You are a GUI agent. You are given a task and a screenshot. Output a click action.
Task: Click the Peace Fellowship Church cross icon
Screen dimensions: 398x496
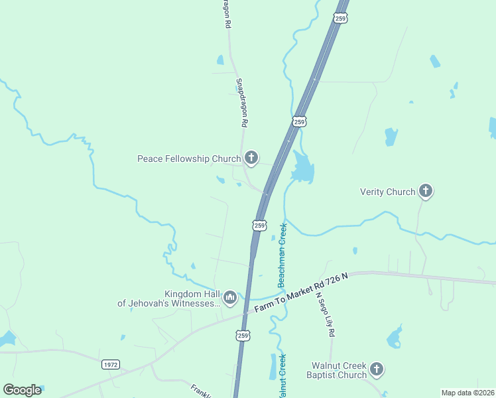251,158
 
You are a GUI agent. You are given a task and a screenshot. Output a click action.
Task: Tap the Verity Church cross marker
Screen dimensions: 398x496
426,192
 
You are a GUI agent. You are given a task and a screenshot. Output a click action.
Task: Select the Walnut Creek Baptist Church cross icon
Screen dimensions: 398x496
376,369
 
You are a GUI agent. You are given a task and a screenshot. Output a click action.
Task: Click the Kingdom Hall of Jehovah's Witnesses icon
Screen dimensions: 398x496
230,297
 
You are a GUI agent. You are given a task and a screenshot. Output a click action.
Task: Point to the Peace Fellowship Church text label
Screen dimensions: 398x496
189,159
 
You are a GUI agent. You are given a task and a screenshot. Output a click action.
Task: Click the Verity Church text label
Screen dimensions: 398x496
387,192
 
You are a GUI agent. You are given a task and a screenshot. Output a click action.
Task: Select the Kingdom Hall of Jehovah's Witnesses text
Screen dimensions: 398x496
168,299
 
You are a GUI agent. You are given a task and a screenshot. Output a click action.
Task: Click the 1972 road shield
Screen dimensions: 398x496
111,365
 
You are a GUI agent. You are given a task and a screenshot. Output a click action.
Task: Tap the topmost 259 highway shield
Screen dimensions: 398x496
341,19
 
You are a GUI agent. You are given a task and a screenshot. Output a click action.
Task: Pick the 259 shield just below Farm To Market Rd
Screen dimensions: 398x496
243,336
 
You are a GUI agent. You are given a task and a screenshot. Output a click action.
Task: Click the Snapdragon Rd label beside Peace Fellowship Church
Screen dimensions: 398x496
242,103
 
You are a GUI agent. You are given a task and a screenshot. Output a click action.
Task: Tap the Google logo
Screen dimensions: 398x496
23,390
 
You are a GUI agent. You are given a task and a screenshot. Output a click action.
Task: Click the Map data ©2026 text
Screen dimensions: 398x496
467,392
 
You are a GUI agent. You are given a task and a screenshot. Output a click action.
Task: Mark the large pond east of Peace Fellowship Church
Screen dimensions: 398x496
302,168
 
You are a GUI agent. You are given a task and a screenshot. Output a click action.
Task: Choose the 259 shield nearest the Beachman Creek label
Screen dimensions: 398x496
259,226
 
